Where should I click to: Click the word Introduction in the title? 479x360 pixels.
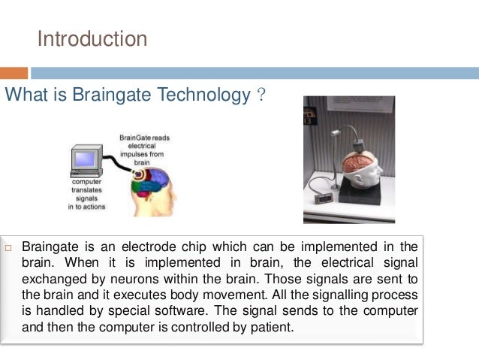92,38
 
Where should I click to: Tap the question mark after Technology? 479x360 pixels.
260,95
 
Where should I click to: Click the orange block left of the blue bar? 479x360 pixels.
14,73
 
